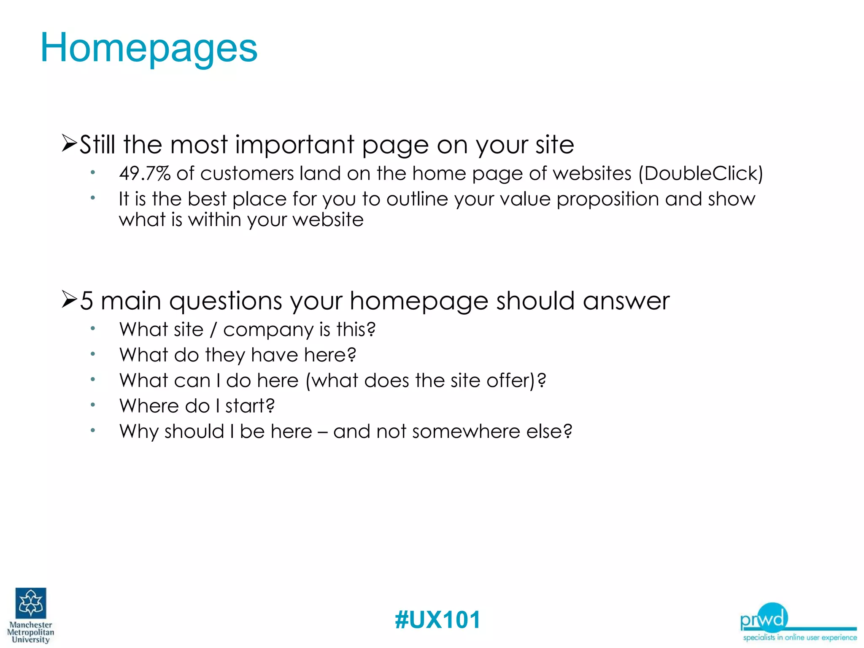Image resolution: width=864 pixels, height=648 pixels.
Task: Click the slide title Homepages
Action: (x=148, y=48)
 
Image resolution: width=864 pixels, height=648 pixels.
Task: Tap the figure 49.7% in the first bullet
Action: (x=145, y=173)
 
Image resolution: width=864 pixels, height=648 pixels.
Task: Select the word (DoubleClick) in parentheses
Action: (x=701, y=173)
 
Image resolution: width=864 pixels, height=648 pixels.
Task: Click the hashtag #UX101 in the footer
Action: (x=437, y=620)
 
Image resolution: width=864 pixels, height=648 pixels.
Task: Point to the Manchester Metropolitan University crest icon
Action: (x=31, y=603)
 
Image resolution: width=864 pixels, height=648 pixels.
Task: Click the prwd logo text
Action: (x=764, y=619)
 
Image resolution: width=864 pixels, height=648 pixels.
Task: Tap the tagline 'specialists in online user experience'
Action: (x=800, y=637)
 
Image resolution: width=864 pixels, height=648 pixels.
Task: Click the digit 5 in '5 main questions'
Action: (x=86, y=301)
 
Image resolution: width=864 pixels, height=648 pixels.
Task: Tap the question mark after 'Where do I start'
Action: (x=270, y=406)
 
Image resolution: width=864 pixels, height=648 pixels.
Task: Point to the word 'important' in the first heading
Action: (x=294, y=145)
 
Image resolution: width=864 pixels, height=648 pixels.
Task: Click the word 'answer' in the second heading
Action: (x=626, y=301)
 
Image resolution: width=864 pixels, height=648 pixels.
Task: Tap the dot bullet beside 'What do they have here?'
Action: (x=93, y=354)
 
